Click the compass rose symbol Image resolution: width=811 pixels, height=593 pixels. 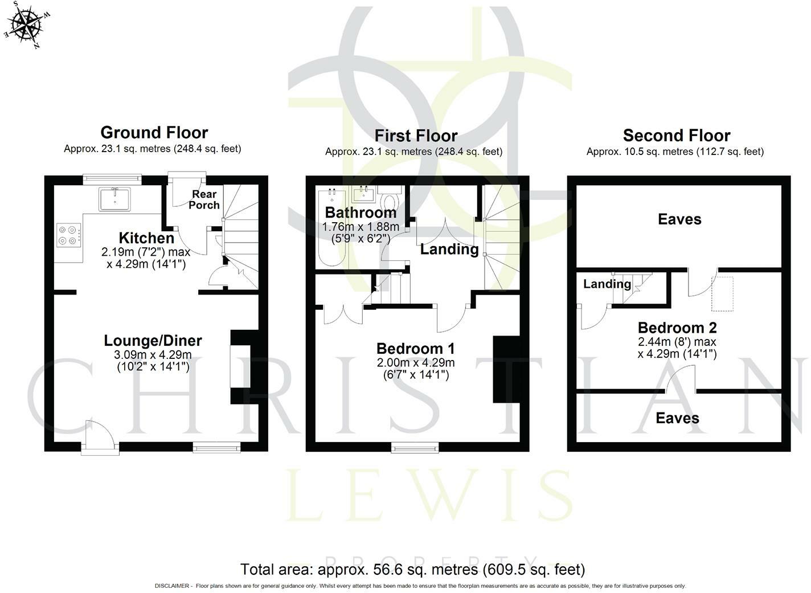pyautogui.click(x=26, y=25)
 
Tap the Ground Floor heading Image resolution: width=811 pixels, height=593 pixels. pyautogui.click(x=154, y=133)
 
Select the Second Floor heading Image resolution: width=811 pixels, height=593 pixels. pyautogui.click(x=677, y=136)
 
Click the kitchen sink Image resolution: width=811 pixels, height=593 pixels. pyautogui.click(x=114, y=199)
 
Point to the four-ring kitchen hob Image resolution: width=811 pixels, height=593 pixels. pyautogui.click(x=68, y=235)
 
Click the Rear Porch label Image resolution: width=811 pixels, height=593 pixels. pyautogui.click(x=204, y=199)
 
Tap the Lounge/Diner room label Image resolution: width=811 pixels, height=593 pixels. pyautogui.click(x=153, y=340)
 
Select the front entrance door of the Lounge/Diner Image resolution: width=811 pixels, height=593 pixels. pyautogui.click(x=100, y=437)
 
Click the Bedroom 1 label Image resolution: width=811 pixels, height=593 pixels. pyautogui.click(x=415, y=349)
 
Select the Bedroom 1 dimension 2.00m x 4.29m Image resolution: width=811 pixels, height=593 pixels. pyautogui.click(x=416, y=362)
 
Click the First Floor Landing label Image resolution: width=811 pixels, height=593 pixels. pyautogui.click(x=449, y=249)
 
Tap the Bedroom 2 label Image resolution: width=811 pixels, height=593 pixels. pyautogui.click(x=677, y=328)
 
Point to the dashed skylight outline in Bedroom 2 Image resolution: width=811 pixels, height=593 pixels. pyautogui.click(x=722, y=294)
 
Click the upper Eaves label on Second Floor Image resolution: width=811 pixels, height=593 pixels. pyautogui.click(x=679, y=219)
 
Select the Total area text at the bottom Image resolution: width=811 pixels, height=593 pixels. pyautogui.click(x=413, y=570)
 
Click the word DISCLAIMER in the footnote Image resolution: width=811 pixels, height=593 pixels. pyautogui.click(x=171, y=586)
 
